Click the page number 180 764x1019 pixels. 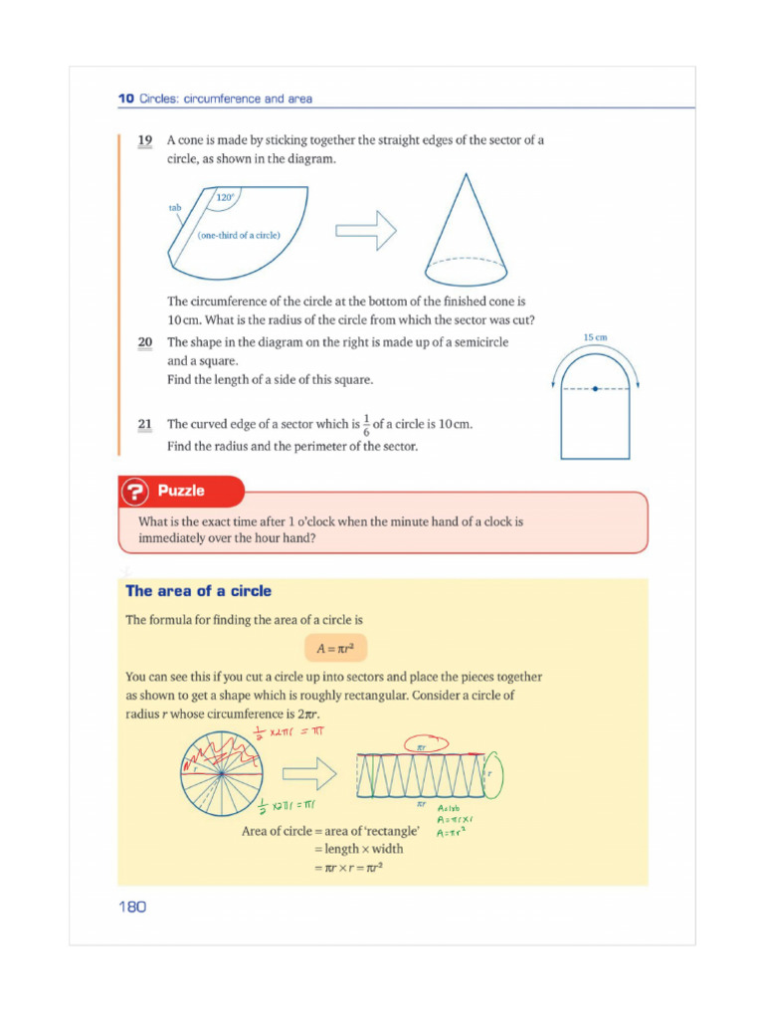click(x=131, y=907)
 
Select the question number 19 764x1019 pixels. click(x=144, y=140)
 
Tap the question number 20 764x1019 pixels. click(x=144, y=341)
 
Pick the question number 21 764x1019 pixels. click(x=144, y=425)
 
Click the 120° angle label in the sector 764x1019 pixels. click(x=226, y=198)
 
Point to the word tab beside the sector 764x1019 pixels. click(x=174, y=208)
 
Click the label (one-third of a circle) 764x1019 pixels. click(x=239, y=235)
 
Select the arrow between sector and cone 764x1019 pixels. click(x=365, y=231)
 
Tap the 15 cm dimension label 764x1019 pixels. click(x=595, y=338)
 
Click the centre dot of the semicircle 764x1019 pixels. click(x=595, y=389)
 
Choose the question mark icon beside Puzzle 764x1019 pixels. click(x=135, y=492)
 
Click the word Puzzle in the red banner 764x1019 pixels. click(x=181, y=491)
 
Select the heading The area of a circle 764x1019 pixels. click(x=198, y=591)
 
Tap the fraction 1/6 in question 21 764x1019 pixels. click(x=365, y=425)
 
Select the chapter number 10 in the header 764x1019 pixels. click(x=125, y=99)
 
